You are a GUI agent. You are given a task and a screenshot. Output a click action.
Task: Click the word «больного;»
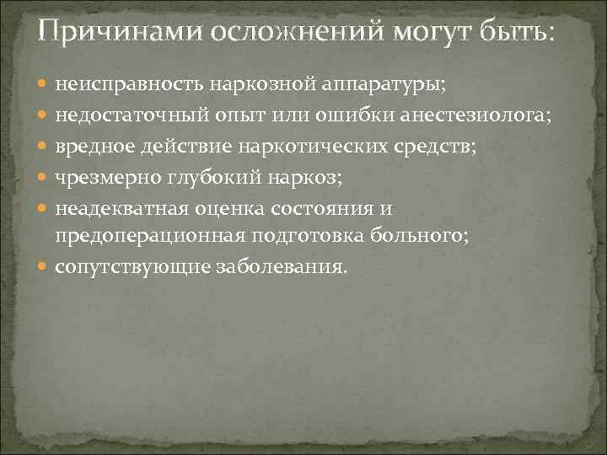(422, 237)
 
